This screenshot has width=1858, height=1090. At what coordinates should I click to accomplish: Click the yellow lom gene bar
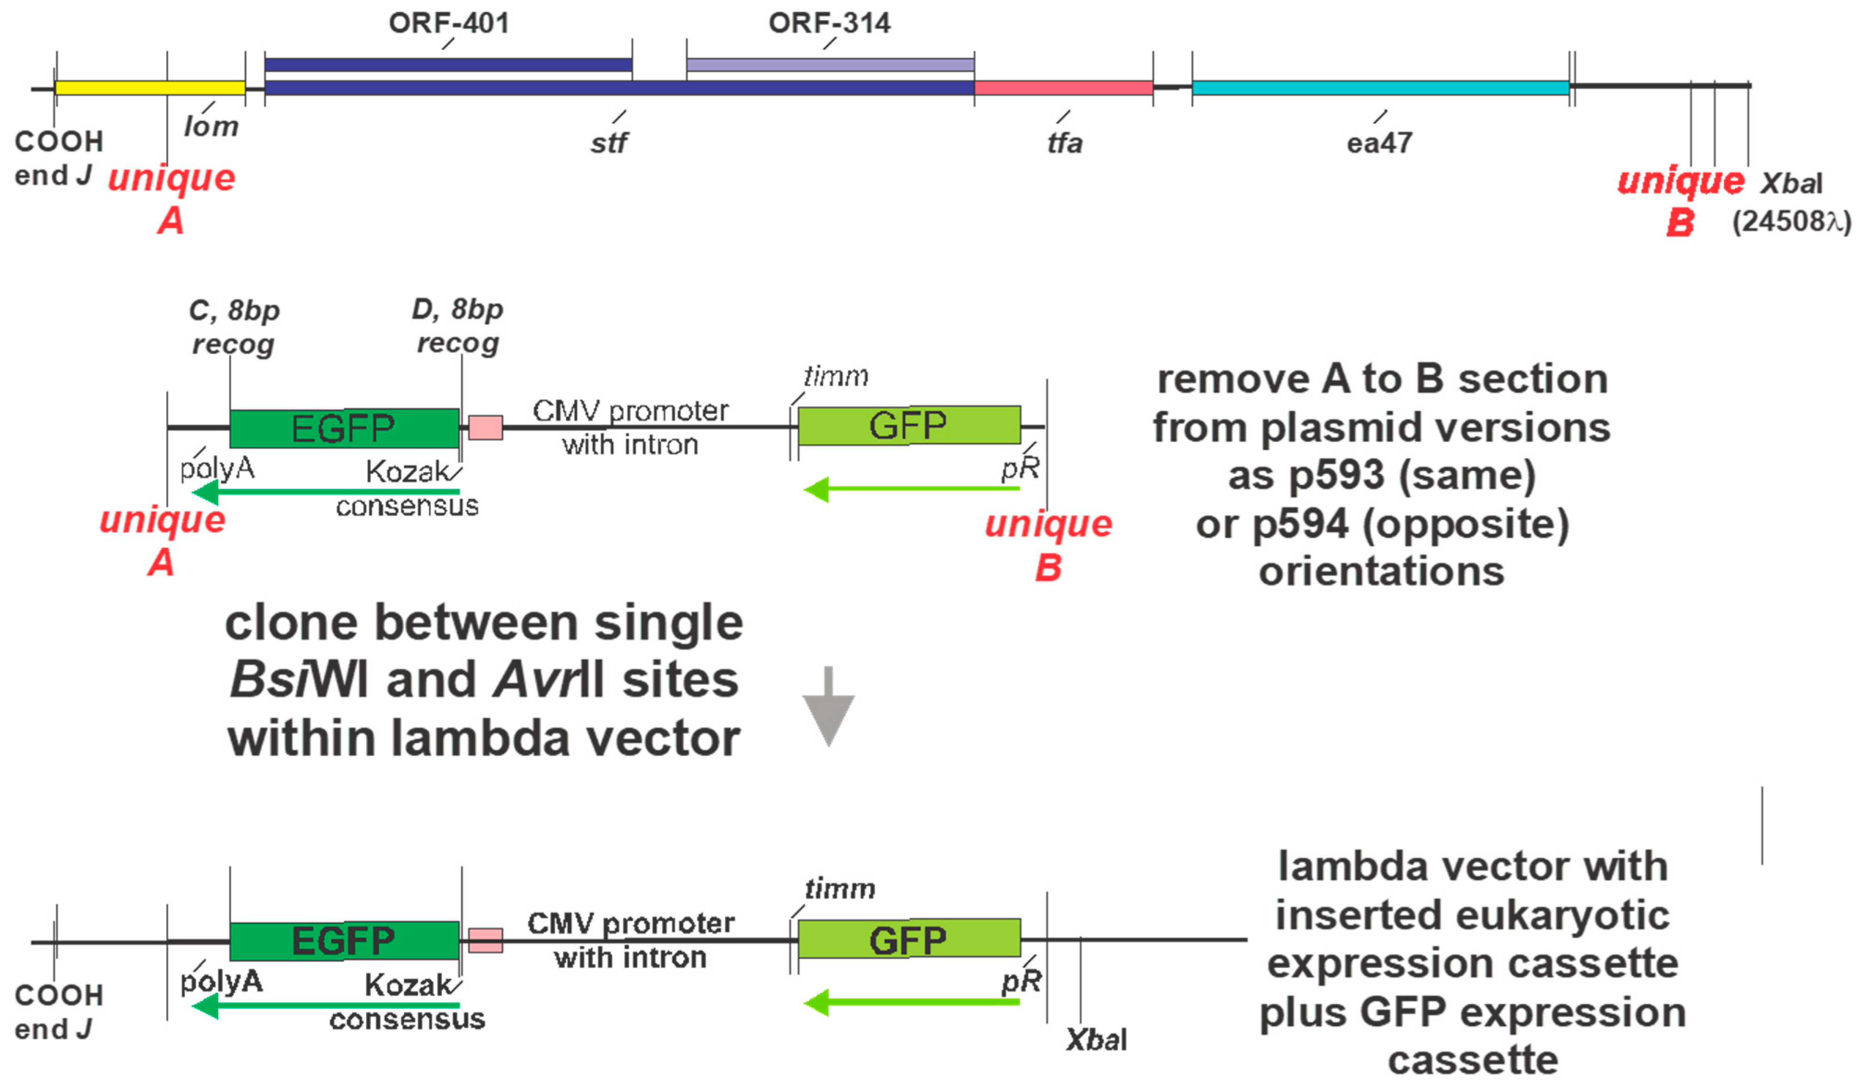(150, 88)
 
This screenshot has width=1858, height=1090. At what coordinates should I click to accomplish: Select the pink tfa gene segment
(1063, 88)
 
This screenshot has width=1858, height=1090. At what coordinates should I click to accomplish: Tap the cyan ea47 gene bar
(1380, 88)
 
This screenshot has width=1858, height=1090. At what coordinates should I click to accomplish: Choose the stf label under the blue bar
(608, 143)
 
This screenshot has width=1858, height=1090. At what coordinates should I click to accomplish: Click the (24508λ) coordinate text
(1791, 221)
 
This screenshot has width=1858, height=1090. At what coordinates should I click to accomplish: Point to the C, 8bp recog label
(234, 326)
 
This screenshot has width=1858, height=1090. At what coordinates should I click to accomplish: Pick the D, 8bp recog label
(458, 325)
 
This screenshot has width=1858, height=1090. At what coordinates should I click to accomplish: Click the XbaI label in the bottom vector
(1097, 1040)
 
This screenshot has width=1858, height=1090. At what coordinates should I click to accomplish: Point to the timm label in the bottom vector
(840, 889)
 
